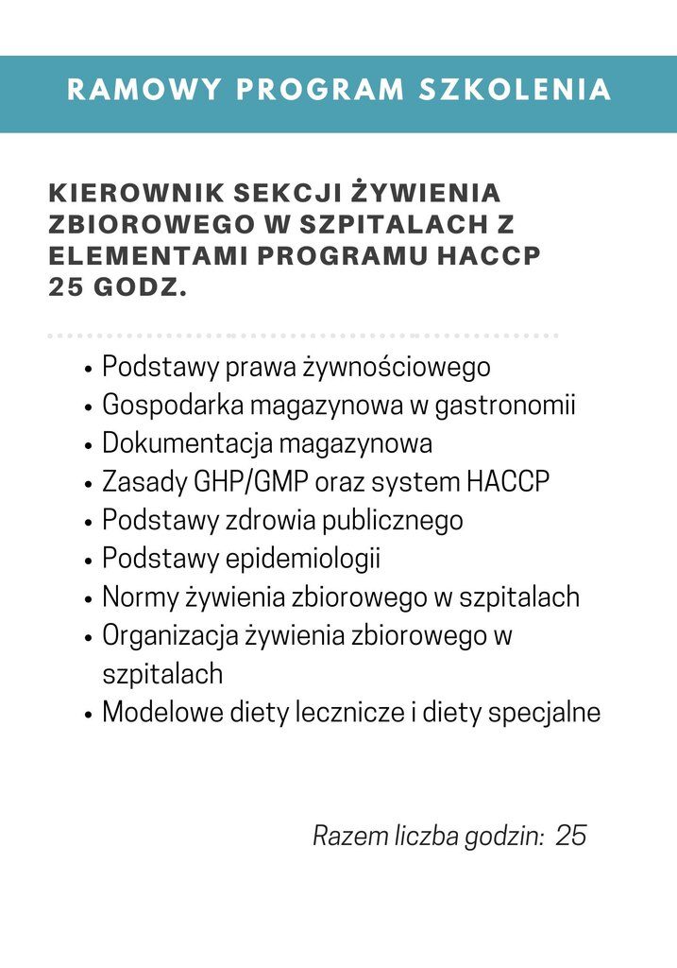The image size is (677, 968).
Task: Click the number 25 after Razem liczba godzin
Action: tap(571, 836)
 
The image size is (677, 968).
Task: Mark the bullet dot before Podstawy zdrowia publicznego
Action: tap(88, 522)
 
